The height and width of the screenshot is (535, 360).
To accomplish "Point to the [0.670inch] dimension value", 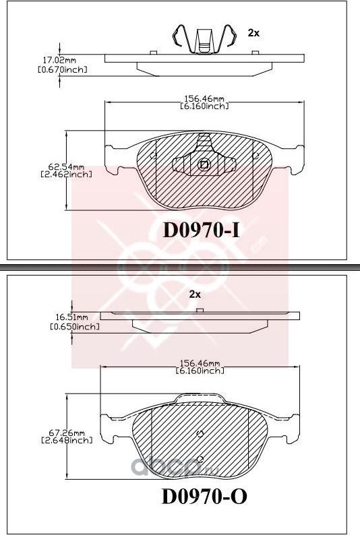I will [63, 69].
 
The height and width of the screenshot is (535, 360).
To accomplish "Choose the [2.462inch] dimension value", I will [65, 174].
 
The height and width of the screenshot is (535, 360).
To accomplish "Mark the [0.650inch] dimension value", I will [75, 326].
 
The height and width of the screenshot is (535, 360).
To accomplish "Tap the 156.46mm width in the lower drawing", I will [200, 363].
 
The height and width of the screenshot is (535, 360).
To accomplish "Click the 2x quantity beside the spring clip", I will [253, 32].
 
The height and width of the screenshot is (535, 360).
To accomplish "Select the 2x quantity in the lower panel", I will [195, 294].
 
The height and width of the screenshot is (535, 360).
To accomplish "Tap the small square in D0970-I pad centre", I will [204, 164].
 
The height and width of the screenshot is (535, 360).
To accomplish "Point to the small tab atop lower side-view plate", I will [200, 310].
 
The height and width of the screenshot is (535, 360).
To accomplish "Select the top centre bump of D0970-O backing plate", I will [199, 398].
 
